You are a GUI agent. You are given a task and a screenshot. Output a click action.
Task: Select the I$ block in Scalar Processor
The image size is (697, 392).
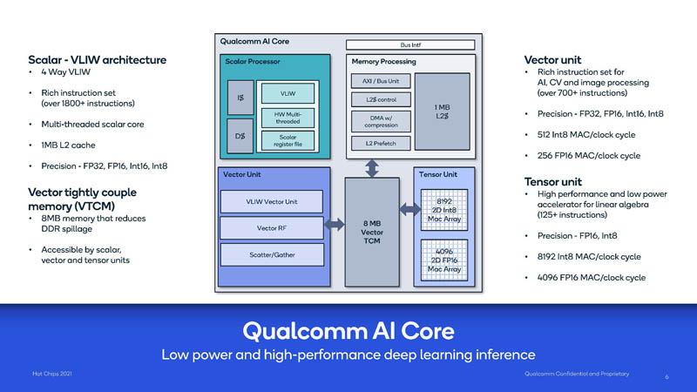(x=240, y=98)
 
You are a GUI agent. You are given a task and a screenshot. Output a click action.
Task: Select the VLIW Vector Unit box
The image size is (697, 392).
(x=273, y=202)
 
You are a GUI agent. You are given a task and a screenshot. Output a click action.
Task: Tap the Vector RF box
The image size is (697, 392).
(x=273, y=227)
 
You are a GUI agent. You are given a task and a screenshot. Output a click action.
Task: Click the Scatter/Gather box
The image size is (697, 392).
(x=273, y=253)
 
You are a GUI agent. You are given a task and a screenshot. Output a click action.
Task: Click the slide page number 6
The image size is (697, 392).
(x=667, y=377)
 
